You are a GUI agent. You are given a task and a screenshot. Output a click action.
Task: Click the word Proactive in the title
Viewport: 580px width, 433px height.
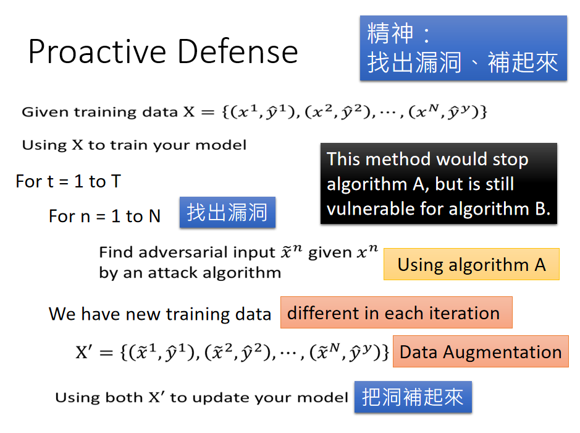[x=97, y=52]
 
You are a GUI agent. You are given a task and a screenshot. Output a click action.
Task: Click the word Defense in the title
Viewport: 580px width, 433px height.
[x=237, y=51]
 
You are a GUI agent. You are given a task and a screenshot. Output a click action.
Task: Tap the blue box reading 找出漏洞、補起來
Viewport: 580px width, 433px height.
[x=463, y=48]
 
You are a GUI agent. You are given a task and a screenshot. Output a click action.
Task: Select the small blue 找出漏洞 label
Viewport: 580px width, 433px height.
[x=227, y=212]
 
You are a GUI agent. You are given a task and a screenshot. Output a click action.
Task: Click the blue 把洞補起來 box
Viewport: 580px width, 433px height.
[x=413, y=397]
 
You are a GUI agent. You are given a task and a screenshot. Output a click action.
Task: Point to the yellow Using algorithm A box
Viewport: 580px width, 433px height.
[x=471, y=264]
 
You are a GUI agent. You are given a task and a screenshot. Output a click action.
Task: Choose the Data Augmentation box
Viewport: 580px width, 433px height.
[x=481, y=351]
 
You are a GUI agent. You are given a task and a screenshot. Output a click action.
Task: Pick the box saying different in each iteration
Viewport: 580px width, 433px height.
[x=396, y=312]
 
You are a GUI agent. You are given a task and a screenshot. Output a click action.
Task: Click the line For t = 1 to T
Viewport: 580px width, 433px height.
[x=69, y=181]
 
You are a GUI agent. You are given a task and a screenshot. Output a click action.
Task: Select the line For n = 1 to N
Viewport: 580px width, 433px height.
[x=104, y=216]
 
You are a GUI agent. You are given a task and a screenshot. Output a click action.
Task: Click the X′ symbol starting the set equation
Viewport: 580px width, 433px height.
[x=83, y=352]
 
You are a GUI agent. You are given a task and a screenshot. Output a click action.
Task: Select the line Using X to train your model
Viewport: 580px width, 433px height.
[x=134, y=145]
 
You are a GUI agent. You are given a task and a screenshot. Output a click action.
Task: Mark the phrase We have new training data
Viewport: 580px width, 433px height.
[x=160, y=314]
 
